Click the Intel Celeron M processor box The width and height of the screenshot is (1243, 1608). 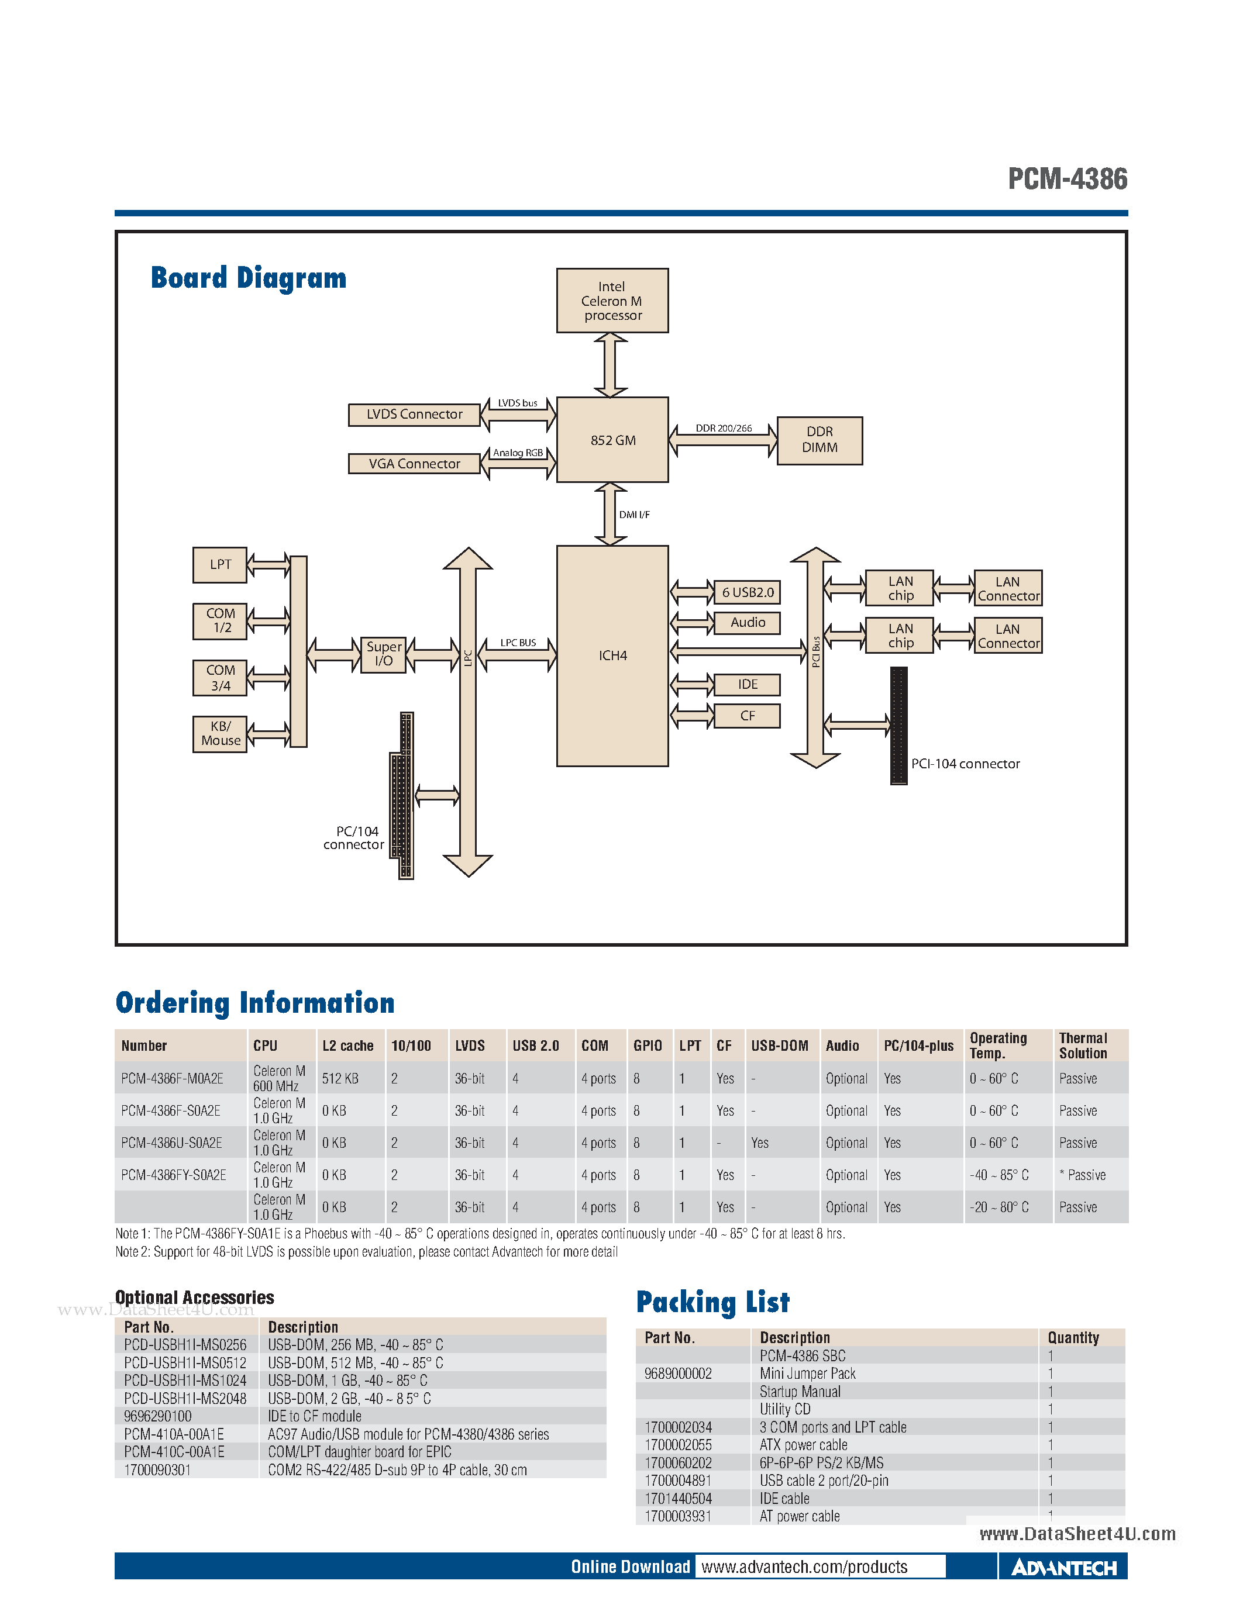click(x=612, y=301)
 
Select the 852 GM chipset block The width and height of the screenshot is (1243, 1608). click(x=612, y=440)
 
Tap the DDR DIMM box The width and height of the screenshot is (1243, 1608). click(x=819, y=440)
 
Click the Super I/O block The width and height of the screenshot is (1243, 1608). click(x=384, y=654)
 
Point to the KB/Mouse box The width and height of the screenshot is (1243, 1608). click(x=220, y=733)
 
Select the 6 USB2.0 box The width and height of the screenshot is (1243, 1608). click(x=747, y=592)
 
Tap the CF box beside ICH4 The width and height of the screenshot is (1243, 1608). click(x=747, y=716)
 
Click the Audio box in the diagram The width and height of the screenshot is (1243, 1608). click(x=747, y=623)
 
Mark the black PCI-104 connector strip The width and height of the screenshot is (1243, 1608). click(x=898, y=725)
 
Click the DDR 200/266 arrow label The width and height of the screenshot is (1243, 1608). click(x=723, y=428)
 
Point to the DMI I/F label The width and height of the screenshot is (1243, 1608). click(x=634, y=515)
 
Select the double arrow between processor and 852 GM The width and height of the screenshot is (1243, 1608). click(x=611, y=364)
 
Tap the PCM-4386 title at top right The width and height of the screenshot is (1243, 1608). click(x=1067, y=179)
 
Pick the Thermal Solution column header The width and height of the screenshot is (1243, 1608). click(x=1083, y=1045)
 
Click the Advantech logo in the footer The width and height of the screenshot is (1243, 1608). click(x=1063, y=1566)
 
